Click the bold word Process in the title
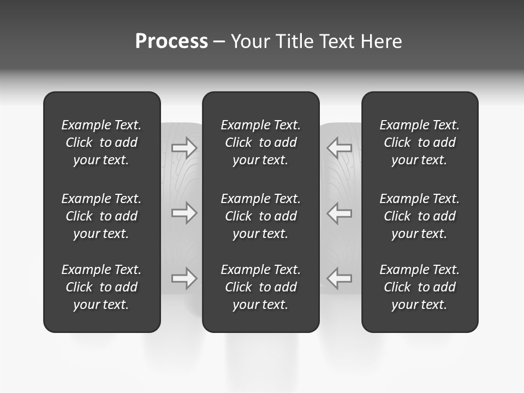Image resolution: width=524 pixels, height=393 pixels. tap(171, 41)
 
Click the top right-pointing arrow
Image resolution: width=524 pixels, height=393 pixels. tap(184, 147)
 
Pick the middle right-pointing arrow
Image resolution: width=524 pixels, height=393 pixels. tap(184, 213)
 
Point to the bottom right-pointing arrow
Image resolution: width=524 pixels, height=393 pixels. tap(184, 278)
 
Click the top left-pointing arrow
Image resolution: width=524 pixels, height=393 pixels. tap(339, 147)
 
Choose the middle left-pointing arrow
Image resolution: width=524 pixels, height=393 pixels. tap(339, 213)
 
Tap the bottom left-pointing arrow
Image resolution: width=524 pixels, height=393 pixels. tap(339, 278)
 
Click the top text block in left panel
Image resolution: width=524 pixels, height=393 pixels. tap(102, 142)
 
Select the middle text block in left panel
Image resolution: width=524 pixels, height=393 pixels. tap(102, 216)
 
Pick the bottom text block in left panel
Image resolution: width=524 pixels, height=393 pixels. tap(102, 287)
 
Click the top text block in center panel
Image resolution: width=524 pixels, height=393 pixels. tap(260, 142)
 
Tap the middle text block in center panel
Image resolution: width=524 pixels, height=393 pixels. tap(260, 216)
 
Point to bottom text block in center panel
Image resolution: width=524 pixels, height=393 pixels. tap(260, 287)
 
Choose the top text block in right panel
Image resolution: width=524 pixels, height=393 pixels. tap(419, 142)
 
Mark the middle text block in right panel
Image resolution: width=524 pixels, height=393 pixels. tap(419, 216)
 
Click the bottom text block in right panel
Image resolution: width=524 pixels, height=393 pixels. tap(419, 287)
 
